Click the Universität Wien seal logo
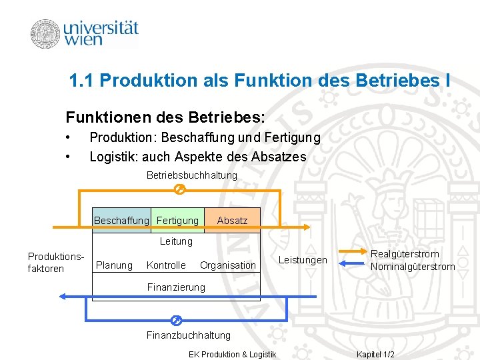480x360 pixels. click(45, 34)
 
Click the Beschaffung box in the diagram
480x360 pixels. click(121, 220)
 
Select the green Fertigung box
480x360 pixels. click(177, 220)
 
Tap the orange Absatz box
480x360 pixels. click(232, 220)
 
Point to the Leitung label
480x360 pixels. click(176, 241)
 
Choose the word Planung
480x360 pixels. click(115, 265)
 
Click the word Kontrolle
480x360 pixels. click(166, 265)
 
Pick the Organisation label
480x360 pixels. click(227, 265)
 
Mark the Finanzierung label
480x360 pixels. click(176, 287)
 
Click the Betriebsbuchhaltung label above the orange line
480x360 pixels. click(191, 175)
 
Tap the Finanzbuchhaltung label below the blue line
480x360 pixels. click(188, 335)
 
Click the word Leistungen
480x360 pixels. click(303, 260)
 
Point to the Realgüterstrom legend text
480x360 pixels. click(405, 254)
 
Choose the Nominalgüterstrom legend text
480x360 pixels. click(413, 267)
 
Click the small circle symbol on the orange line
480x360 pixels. click(178, 190)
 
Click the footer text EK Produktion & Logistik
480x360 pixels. click(233, 354)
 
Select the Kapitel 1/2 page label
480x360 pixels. click(375, 354)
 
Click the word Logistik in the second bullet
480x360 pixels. click(109, 157)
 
